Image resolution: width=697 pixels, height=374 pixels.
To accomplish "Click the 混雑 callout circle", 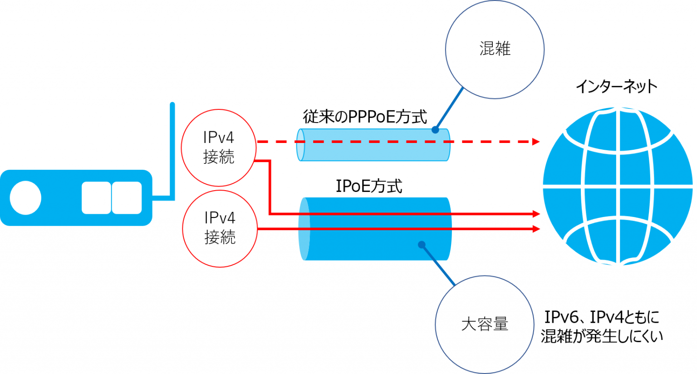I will [x=495, y=49].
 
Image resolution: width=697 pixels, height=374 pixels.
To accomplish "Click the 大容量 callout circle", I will [x=484, y=325].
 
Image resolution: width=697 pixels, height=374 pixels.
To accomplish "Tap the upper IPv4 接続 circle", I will [x=219, y=148].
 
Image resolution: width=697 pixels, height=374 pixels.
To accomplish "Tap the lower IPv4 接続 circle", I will [x=220, y=228].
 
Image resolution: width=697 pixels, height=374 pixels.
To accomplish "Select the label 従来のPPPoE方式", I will [x=365, y=117].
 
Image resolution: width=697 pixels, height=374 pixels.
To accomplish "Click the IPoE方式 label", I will [x=368, y=186].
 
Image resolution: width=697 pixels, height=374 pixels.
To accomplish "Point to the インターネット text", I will [x=616, y=86].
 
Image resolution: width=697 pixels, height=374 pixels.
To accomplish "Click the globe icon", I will [x=617, y=186].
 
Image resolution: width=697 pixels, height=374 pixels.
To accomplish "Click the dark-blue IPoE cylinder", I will [x=375, y=245].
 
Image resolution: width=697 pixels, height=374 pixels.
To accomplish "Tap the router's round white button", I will [x=25, y=198].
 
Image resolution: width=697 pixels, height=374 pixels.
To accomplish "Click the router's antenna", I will [x=172, y=150].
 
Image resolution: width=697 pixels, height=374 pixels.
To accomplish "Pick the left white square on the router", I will [x=96, y=198].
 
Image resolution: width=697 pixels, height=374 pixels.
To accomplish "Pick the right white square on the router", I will [x=127, y=198].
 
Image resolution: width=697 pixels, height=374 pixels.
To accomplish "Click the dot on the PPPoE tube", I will [x=435, y=130].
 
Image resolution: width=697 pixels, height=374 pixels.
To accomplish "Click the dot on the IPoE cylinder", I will [x=422, y=245].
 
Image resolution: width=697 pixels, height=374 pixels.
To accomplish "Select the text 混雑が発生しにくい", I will [x=602, y=336].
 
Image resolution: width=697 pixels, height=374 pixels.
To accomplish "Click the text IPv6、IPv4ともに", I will [x=602, y=317].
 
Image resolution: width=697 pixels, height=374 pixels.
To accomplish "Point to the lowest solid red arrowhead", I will [x=536, y=229].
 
